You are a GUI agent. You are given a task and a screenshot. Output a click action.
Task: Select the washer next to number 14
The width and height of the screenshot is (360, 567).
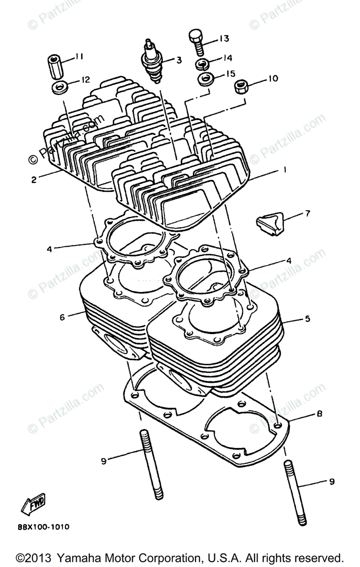point(204,64)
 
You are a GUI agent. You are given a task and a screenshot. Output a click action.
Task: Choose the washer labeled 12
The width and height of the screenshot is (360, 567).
point(59,86)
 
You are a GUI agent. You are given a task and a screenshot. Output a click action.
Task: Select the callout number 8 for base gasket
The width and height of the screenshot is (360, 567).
point(319,414)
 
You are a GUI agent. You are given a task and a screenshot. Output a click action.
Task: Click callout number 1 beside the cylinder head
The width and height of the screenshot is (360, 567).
point(284,170)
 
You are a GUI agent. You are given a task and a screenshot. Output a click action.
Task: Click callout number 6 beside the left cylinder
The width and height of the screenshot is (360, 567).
point(62,317)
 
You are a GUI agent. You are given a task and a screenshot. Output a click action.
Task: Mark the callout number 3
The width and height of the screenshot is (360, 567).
point(179,60)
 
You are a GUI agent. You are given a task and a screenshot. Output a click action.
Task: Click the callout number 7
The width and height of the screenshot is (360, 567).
point(307,214)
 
